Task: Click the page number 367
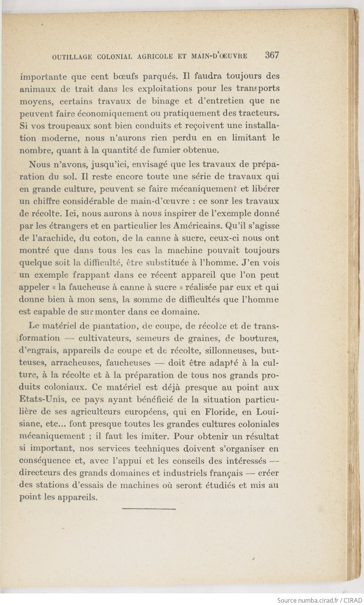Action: click(x=272, y=55)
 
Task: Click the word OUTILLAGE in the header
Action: click(x=72, y=57)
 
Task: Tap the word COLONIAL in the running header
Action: click(x=115, y=57)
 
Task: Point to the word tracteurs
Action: click(x=259, y=113)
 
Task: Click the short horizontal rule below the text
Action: click(x=149, y=509)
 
